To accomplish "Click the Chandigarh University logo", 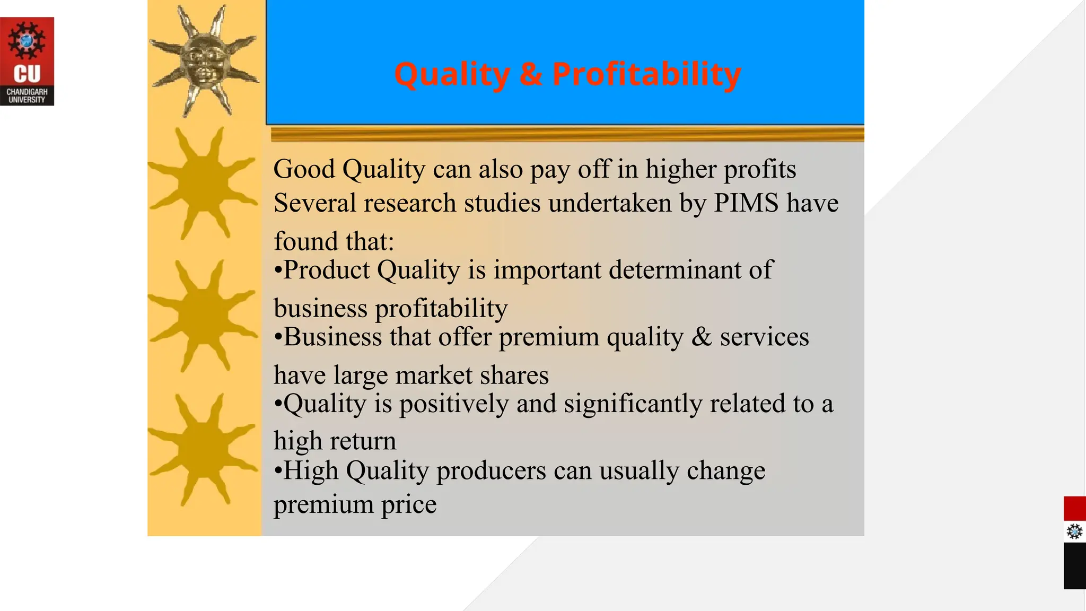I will coord(27,61).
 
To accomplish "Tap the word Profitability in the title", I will coord(646,74).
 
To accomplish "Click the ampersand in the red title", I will coord(531,74).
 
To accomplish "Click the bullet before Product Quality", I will coord(278,271).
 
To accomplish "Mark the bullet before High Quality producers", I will coord(278,472).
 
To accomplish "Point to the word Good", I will coord(304,170).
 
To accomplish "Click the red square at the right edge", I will coord(1074,509).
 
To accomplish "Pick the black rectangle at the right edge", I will coord(1074,566).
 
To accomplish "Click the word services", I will coord(764,337).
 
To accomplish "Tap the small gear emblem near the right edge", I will coord(1074,531).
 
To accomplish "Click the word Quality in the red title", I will coord(452,74).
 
